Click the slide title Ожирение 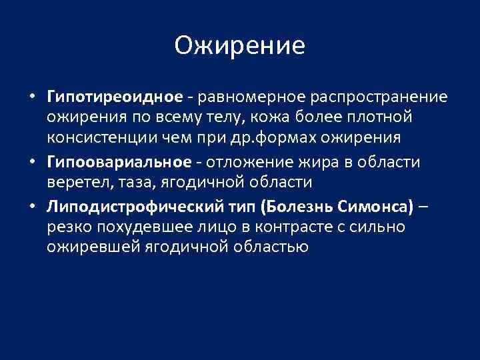239,45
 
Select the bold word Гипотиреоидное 115,97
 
